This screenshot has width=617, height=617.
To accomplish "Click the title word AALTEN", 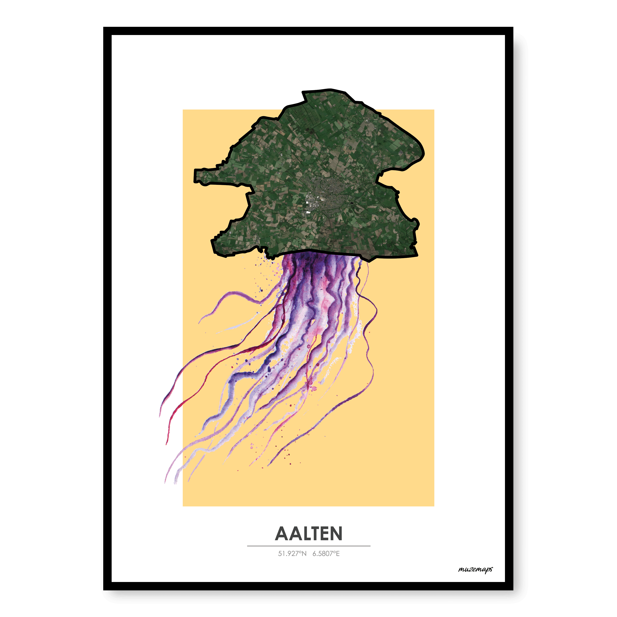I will [x=308, y=534].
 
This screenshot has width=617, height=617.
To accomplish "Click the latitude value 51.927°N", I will [x=292, y=553].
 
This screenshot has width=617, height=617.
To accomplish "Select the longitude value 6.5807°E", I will [x=326, y=553].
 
